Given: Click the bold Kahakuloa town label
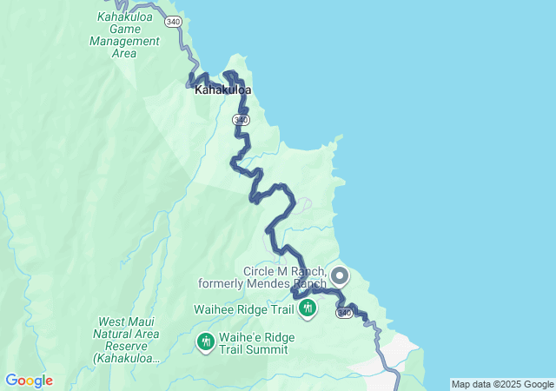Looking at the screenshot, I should point(222,89).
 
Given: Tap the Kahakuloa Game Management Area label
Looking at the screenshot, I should point(124,35).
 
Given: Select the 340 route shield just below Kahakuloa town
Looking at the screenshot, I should point(241,119).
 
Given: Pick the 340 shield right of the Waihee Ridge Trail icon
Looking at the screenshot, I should point(345,312).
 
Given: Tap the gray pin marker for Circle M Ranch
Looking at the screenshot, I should point(339,276).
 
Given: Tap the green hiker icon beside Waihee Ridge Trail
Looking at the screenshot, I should point(307,308).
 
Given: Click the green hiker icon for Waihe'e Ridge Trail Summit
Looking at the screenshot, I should point(206,343).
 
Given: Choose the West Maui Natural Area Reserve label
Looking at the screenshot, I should point(128,340).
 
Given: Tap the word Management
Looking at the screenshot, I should point(124,41).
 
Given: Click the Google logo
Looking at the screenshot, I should point(29,381).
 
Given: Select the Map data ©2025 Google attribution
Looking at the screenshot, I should point(501,384).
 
